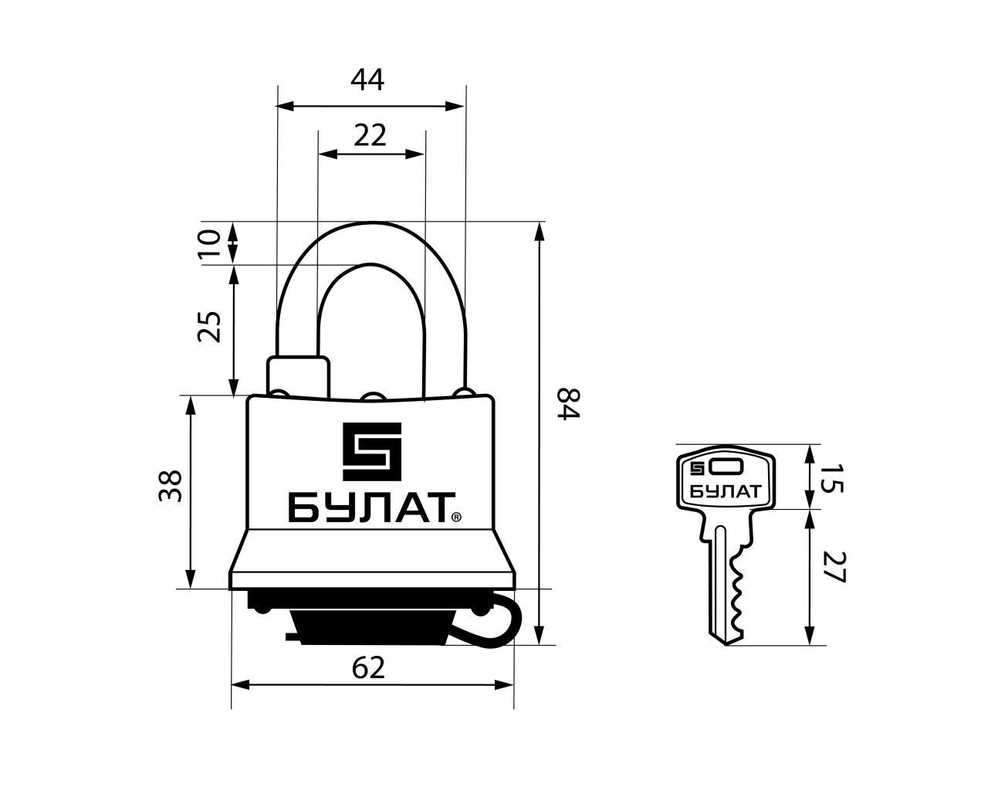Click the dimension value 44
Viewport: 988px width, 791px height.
point(367,80)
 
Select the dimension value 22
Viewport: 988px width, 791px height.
point(370,136)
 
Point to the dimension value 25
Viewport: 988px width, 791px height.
point(209,327)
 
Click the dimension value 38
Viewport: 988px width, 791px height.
point(171,486)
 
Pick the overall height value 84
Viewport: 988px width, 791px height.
point(568,403)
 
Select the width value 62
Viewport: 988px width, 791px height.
point(368,668)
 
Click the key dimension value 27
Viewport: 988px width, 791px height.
point(834,567)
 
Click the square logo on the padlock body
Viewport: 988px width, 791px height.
point(372,451)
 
